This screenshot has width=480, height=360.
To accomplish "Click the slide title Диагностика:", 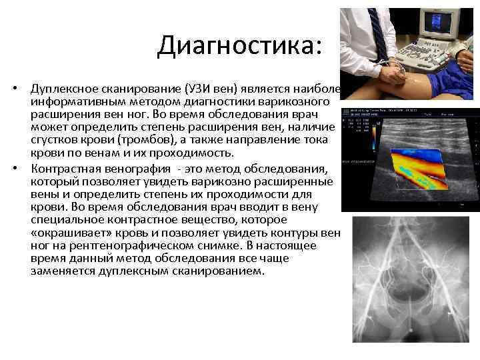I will [239, 45].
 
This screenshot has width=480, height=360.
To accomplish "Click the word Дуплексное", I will [65, 89].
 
